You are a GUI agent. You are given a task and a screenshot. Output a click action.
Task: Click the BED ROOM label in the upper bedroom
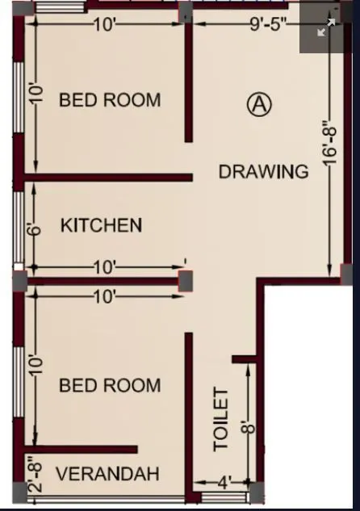(x=110, y=100)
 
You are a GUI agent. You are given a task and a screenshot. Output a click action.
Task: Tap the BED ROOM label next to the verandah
(x=110, y=385)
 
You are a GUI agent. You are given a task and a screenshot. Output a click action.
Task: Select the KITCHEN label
(x=102, y=225)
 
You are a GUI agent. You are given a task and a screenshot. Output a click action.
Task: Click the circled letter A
(x=258, y=105)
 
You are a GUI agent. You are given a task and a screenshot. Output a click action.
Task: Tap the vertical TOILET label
(x=221, y=418)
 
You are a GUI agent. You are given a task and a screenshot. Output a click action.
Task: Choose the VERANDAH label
(x=107, y=473)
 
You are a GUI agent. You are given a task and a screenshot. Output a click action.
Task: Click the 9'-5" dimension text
(x=269, y=24)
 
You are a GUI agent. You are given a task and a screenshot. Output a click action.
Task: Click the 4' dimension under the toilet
(x=224, y=483)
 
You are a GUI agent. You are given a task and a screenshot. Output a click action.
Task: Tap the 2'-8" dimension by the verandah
(x=34, y=476)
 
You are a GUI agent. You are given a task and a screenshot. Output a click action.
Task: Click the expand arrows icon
(x=326, y=27)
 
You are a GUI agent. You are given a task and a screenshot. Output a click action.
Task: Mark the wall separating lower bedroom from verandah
(x=81, y=449)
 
